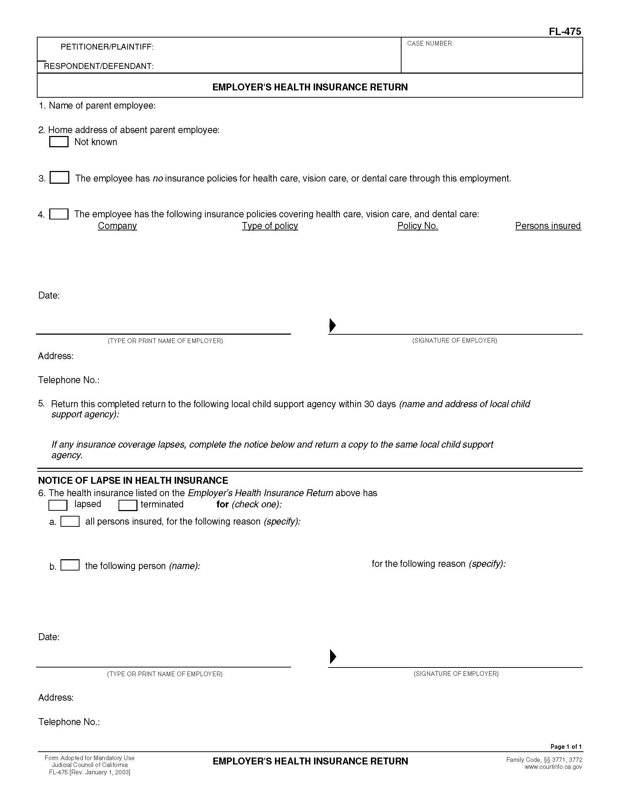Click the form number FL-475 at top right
pos(565,32)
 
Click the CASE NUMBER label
pos(430,43)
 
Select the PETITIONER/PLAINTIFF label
pos(107,47)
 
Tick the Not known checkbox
pos(59,142)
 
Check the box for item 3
pos(59,178)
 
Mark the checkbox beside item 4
pos(59,214)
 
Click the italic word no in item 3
pos(158,179)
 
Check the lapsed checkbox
pos(58,505)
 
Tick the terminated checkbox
pos(128,505)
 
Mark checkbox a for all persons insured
pos(70,521)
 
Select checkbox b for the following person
pos(70,565)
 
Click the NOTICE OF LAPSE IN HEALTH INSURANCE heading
pos(133,480)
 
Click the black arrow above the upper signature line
pos(332,325)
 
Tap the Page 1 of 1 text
pos(566,746)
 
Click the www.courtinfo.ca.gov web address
pos(553,767)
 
